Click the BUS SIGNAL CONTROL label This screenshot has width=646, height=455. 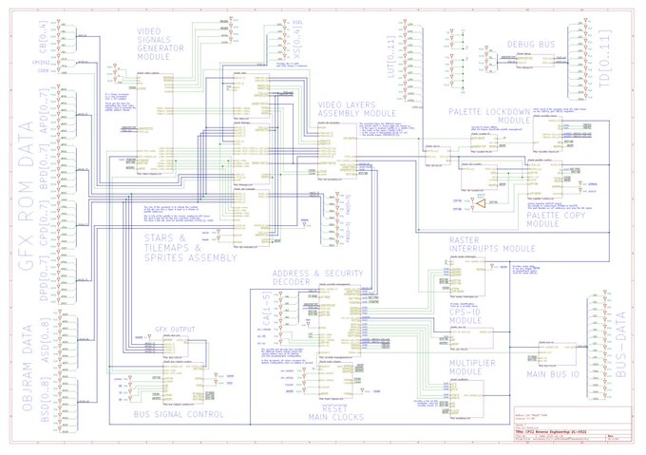[179, 414]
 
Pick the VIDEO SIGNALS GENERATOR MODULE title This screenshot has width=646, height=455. [167, 42]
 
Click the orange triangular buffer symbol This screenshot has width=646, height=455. [481, 205]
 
